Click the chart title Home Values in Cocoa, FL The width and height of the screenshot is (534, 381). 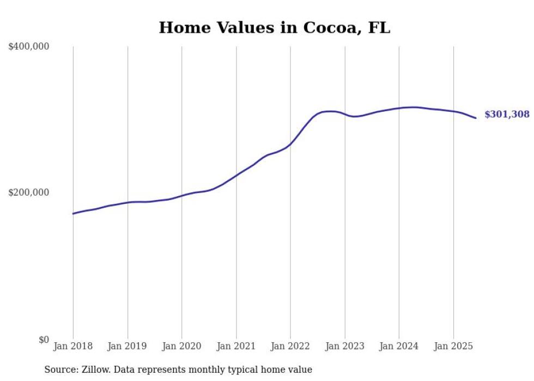(274, 28)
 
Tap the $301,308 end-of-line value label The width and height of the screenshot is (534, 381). (507, 114)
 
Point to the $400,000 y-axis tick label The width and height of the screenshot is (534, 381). (29, 47)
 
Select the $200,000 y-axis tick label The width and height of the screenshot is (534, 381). (29, 192)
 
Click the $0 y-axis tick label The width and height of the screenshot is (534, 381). (44, 340)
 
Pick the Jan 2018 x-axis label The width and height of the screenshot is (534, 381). (73, 346)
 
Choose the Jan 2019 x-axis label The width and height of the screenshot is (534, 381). (128, 346)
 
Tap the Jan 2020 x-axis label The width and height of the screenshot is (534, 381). (182, 346)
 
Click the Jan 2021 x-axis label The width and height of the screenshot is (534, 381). (236, 346)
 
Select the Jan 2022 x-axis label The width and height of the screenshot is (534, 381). (290, 346)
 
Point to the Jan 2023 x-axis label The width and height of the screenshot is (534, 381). (344, 346)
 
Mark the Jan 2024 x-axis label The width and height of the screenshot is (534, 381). (399, 346)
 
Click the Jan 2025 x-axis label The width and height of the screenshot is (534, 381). (453, 346)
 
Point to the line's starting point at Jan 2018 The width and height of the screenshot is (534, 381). (74, 213)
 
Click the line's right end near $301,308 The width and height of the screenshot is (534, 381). (476, 118)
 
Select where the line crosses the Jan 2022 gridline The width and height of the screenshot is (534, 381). (290, 144)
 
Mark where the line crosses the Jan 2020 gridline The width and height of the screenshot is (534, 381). (182, 195)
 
